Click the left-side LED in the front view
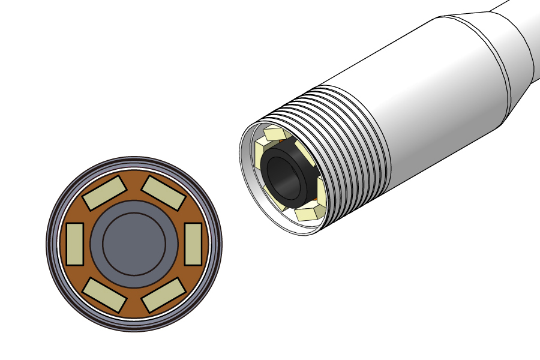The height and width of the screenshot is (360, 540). [74, 244]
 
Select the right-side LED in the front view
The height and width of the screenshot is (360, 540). [193, 244]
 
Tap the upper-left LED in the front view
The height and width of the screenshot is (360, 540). [104, 193]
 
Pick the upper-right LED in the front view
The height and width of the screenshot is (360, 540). [163, 193]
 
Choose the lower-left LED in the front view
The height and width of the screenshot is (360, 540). [104, 295]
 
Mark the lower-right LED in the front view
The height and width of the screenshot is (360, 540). [163, 295]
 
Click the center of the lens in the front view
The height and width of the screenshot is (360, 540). [134, 244]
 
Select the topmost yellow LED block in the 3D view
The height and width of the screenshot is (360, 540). [275, 133]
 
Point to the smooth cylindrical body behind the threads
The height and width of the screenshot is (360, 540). [444, 102]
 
